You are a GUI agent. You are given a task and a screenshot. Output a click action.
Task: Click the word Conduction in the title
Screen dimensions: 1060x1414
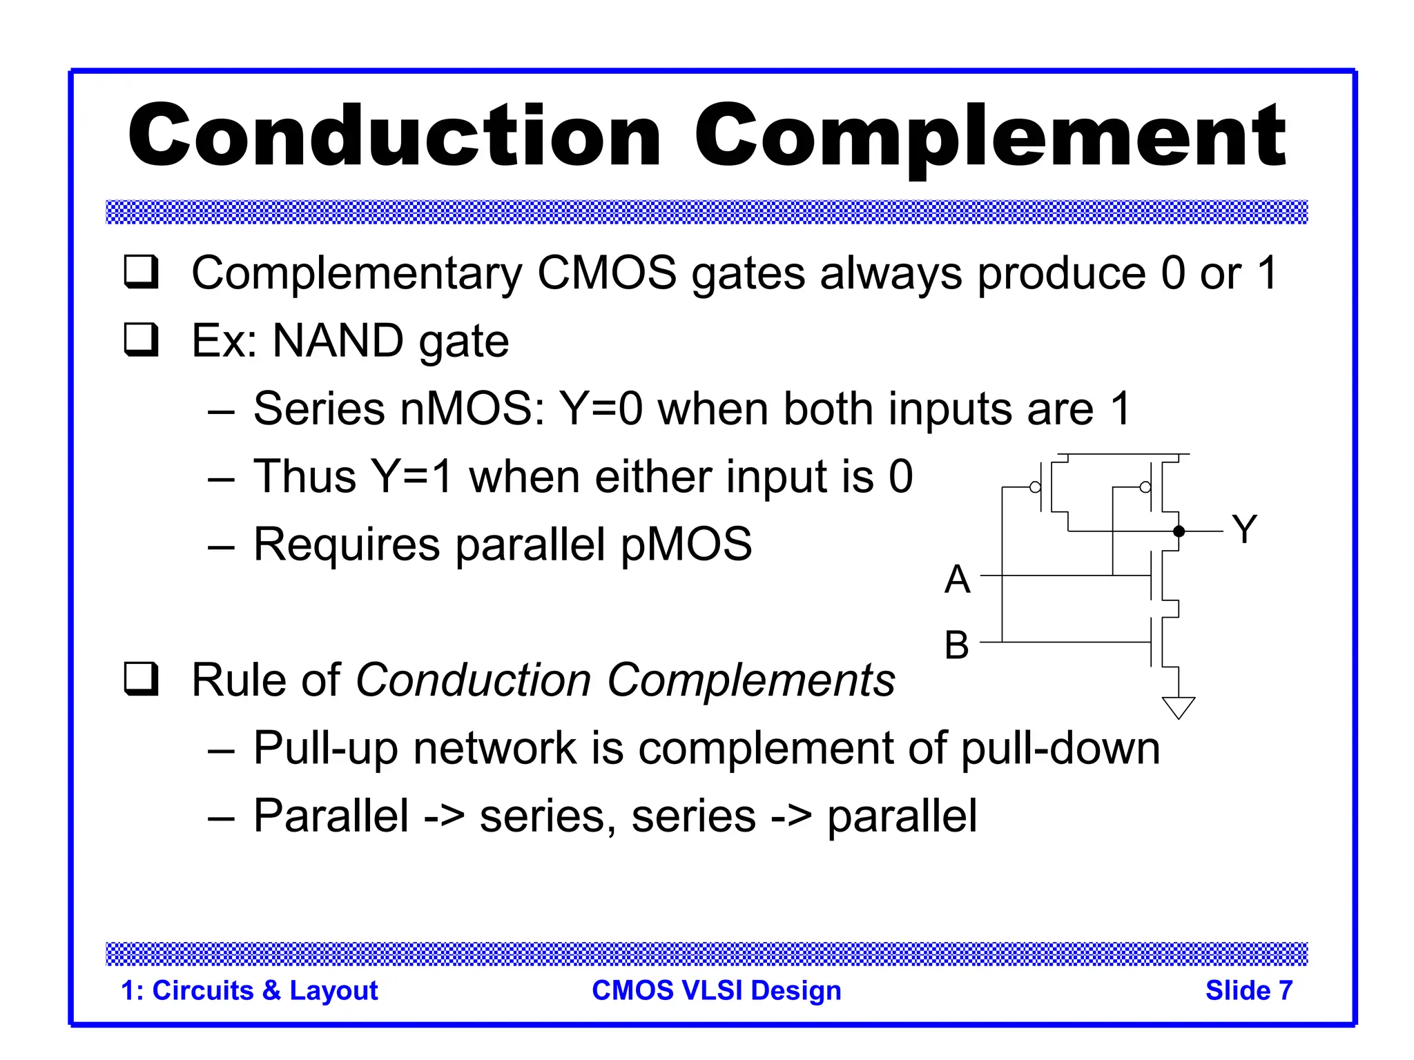[394, 136]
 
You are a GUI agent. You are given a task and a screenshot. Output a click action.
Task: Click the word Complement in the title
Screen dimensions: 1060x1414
[989, 136]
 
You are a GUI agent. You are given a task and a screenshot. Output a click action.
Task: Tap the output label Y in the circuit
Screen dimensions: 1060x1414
[1244, 530]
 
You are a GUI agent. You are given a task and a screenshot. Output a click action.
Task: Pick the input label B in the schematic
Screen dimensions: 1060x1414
[957, 645]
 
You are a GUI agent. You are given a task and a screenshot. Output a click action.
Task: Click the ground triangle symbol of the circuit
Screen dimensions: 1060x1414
[1178, 707]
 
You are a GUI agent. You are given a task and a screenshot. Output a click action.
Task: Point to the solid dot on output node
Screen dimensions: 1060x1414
[1179, 531]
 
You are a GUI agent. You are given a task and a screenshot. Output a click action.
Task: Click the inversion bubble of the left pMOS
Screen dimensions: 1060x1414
[1035, 487]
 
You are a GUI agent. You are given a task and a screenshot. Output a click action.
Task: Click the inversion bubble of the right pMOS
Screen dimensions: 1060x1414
[1145, 487]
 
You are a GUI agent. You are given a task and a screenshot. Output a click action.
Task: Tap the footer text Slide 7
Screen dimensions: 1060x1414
[1248, 990]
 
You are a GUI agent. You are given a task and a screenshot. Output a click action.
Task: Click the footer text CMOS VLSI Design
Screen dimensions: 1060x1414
[716, 990]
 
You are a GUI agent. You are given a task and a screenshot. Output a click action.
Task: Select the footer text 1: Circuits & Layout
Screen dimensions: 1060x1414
[249, 990]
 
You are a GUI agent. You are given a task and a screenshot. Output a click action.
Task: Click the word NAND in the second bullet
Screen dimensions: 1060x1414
[338, 341]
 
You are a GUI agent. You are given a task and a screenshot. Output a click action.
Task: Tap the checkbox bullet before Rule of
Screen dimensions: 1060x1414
[141, 678]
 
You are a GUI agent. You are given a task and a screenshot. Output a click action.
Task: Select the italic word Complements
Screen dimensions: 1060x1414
[750, 680]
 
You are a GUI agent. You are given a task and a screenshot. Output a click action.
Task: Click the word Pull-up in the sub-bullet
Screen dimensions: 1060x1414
[325, 749]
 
